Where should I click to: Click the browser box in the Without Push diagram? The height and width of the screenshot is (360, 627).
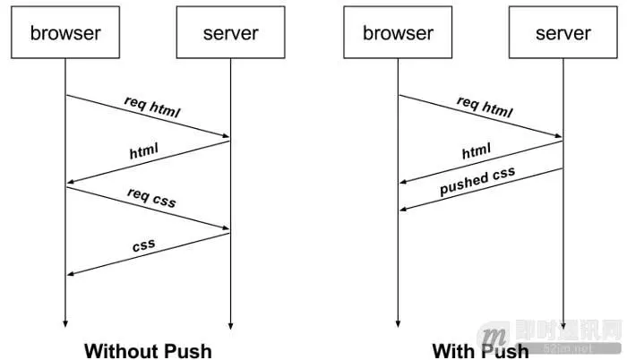coord(65,35)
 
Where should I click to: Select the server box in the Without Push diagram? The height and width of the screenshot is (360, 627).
coord(230,35)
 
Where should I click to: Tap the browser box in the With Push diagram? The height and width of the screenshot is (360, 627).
coord(399,35)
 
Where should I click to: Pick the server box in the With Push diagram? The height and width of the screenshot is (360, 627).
coord(563,35)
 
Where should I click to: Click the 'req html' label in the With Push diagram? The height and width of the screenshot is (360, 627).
coord(485,108)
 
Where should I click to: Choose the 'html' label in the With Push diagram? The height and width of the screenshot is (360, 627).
coord(477,153)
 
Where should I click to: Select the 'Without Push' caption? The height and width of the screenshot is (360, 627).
coord(148,349)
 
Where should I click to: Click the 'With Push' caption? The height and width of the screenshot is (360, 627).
coord(480,349)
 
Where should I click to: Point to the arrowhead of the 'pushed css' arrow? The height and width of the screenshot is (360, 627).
coord(403,210)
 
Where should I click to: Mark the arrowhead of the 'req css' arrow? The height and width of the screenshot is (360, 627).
coord(226,229)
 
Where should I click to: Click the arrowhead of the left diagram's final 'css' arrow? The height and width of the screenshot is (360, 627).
coord(70,274)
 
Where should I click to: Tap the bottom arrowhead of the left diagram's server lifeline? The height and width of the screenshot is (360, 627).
coord(230,324)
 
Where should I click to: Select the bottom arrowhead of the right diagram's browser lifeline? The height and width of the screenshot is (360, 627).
coord(399,324)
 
